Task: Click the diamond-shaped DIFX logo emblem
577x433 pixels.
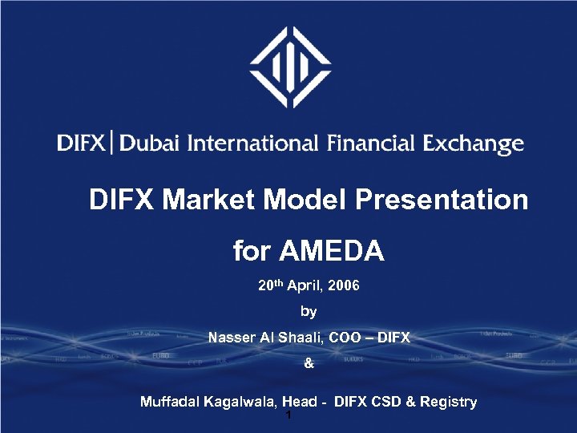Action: pos(289,67)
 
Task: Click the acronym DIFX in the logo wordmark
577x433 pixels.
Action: pos(80,144)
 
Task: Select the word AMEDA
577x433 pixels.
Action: pos(332,253)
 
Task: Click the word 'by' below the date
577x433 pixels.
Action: pos(309,311)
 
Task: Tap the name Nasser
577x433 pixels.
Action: pos(232,338)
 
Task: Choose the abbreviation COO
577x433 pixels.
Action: pos(341,338)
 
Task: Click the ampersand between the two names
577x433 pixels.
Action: pos(309,365)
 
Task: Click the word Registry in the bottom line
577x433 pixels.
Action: pos(451,402)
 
